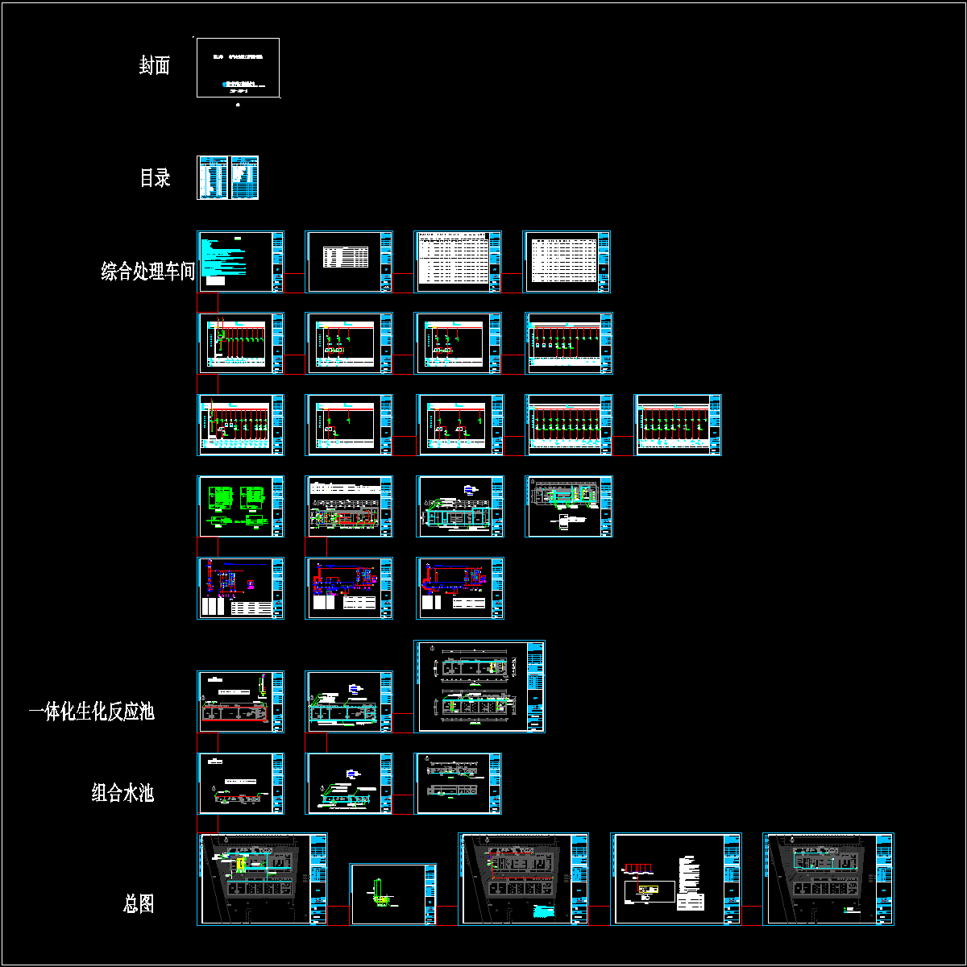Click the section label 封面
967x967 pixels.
(x=154, y=66)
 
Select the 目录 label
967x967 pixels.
(x=155, y=178)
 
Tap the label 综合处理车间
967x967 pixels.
(x=148, y=271)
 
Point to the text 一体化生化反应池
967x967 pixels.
(x=91, y=712)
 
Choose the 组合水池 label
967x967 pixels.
(x=122, y=794)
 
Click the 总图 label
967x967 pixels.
(x=139, y=904)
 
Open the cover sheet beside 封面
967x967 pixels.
(x=238, y=68)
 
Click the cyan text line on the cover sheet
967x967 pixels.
(x=239, y=83)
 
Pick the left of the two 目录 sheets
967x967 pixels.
(x=212, y=178)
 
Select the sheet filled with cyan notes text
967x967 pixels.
(x=240, y=262)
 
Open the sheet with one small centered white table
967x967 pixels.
(x=348, y=262)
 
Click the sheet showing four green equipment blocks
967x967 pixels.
(x=240, y=506)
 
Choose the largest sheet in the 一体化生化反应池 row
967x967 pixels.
(x=479, y=687)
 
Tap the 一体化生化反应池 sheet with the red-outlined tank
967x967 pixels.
(x=240, y=702)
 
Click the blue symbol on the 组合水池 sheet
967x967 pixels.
(x=349, y=774)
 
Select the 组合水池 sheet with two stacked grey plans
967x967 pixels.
(x=458, y=783)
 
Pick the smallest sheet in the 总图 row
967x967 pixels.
(x=392, y=894)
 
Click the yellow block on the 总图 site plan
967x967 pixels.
(x=240, y=865)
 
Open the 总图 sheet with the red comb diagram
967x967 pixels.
(x=676, y=878)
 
